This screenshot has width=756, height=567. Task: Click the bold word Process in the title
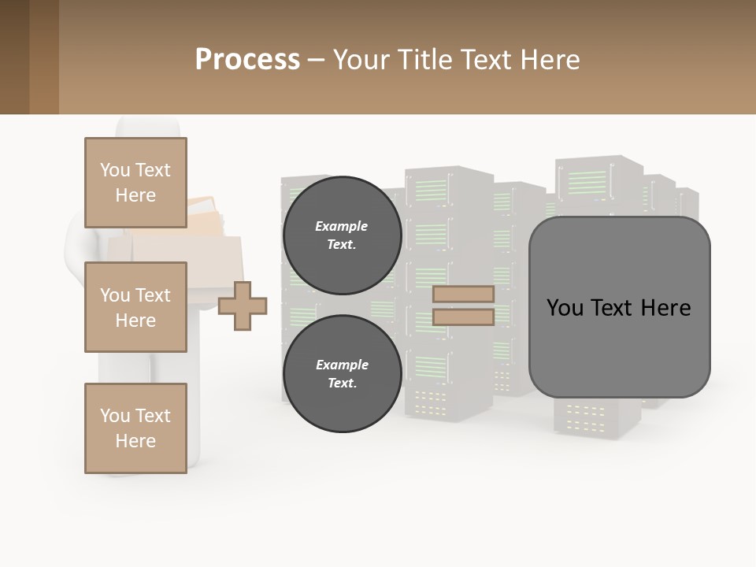point(247,60)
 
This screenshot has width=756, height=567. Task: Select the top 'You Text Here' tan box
point(135,183)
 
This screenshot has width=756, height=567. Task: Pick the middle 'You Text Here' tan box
point(135,307)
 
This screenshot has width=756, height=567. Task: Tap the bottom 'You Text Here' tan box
point(135,428)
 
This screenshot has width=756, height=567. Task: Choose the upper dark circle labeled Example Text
point(342,235)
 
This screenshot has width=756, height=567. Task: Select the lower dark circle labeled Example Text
point(342,373)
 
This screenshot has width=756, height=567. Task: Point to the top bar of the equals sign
point(463,295)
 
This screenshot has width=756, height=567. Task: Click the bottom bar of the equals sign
point(463,317)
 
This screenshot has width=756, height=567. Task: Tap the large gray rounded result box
point(619,346)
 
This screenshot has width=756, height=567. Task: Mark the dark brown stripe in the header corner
point(14,57)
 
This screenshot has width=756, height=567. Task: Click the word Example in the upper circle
point(342,226)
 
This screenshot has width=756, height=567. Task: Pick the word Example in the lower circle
point(342,365)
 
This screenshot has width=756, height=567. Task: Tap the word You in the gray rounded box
point(565,308)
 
